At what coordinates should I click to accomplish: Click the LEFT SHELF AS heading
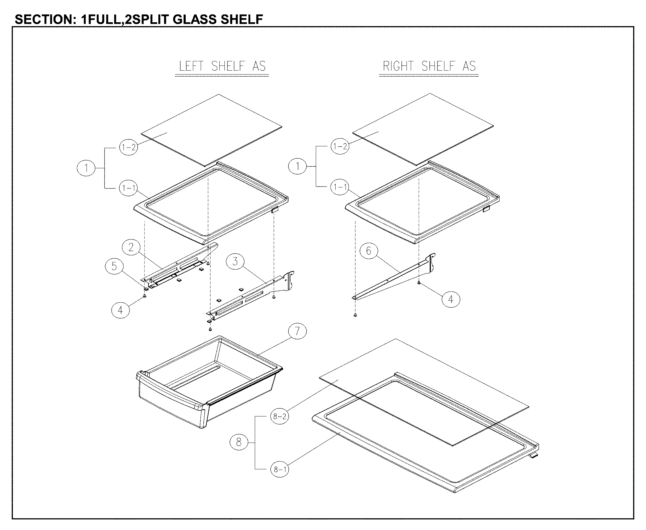pos(222,66)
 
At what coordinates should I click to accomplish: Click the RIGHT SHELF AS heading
pos(429,66)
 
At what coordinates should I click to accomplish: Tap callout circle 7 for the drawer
pos(297,331)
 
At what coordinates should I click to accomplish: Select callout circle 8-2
pos(280,416)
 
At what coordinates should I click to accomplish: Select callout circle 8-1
pos(280,469)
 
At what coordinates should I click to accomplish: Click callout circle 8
pos(239,442)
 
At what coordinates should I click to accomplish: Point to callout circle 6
pos(368,251)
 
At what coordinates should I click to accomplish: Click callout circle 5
pos(114,266)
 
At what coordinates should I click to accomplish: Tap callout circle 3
pos(235,262)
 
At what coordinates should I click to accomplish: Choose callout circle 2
pos(131,247)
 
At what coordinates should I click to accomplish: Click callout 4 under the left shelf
pos(120,310)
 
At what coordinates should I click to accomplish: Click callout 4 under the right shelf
pos(451,299)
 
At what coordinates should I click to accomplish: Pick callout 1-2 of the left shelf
pos(128,148)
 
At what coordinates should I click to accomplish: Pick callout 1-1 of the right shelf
pos(340,187)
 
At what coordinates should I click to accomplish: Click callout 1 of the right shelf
pos(297,166)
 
